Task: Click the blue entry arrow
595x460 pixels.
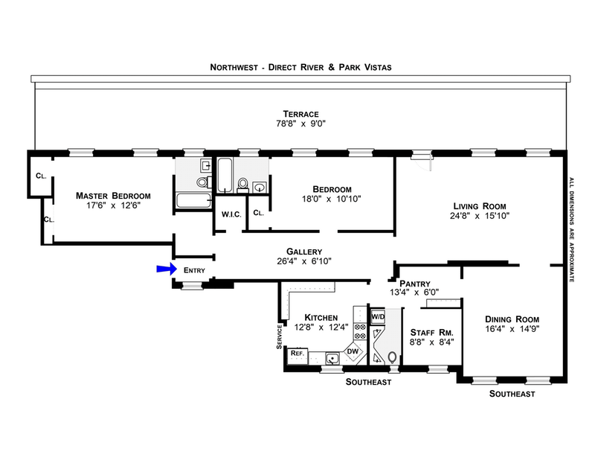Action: pos(167,269)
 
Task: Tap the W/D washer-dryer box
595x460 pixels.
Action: pos(378,316)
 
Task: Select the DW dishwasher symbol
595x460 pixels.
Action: pos(353,351)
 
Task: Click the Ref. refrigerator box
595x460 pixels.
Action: pos(297,354)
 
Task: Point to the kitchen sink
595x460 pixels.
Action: pos(332,358)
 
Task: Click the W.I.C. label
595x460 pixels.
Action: pos(231,214)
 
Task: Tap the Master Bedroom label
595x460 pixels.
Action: pos(113,196)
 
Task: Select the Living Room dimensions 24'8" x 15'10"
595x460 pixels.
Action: pos(480,216)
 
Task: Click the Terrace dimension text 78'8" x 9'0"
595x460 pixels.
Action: pos(301,124)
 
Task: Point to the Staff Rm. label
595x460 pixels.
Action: pos(432,333)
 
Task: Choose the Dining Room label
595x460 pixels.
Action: pos(512,319)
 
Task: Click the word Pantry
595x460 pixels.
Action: pos(415,284)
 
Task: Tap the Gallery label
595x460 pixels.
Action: pos(304,252)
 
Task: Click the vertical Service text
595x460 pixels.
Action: pos(280,336)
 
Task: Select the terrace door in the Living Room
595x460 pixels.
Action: pos(422,159)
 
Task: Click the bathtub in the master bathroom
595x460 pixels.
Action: pos(193,200)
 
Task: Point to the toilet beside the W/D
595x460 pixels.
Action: pos(393,357)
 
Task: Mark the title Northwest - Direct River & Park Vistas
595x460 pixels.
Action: pos(301,67)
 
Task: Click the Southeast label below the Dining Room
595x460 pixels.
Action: pos(512,394)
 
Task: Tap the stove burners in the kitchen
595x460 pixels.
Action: pos(360,331)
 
